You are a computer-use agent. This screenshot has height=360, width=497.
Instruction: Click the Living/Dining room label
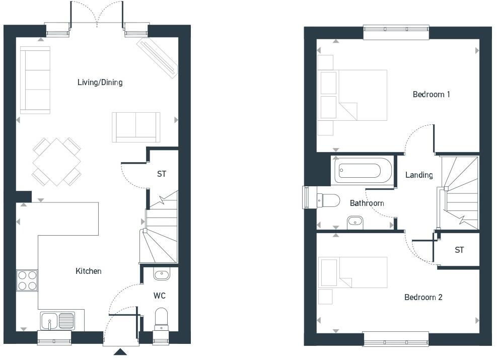(x=100, y=82)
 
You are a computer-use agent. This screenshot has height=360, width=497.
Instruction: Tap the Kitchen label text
(x=89, y=271)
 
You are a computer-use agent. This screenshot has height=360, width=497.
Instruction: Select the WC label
(x=160, y=296)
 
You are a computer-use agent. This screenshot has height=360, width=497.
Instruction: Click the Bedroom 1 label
(x=431, y=94)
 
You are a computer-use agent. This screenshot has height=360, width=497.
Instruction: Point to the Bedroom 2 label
(x=423, y=297)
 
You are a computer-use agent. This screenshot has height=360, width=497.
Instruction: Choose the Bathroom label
(x=367, y=203)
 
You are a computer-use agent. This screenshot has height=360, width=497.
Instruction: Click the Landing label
(x=419, y=175)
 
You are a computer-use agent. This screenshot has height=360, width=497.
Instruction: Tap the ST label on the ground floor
(x=161, y=174)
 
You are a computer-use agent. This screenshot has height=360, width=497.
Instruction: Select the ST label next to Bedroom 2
(x=459, y=250)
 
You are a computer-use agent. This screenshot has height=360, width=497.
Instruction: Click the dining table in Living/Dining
(x=56, y=162)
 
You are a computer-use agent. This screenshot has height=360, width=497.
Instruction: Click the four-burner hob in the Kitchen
(x=27, y=280)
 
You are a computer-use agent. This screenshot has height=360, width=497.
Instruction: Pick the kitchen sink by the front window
(x=57, y=320)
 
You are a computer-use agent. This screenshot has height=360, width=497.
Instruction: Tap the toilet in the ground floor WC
(x=161, y=318)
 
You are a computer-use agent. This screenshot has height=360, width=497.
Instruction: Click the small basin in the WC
(x=162, y=274)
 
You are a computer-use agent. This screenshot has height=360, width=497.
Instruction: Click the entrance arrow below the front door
(x=120, y=352)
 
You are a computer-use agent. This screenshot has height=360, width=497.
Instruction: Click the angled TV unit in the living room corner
(x=157, y=56)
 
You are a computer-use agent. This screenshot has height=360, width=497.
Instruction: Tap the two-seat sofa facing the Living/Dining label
(x=136, y=127)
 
